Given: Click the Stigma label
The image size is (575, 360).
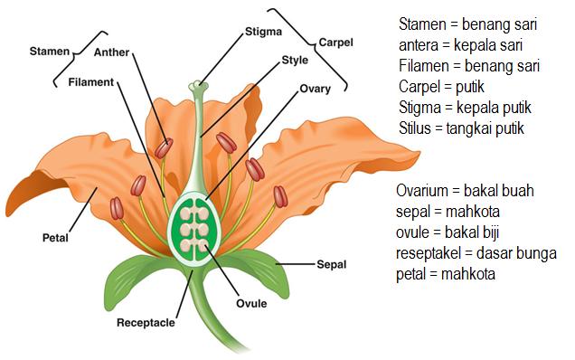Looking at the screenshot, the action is click(263, 32).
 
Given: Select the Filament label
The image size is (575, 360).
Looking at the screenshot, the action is click(91, 82).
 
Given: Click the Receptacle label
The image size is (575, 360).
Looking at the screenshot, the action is click(145, 322).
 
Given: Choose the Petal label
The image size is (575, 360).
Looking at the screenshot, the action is click(55, 239).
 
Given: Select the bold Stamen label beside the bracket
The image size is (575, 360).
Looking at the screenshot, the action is click(49, 52).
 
